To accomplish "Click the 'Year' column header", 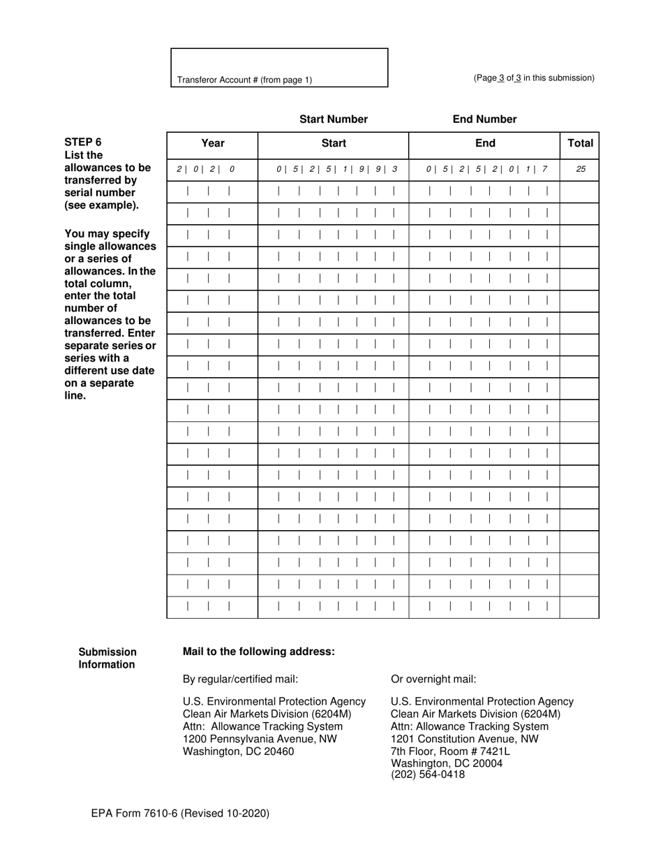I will coord(213,143).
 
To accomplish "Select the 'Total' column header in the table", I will coord(580,143).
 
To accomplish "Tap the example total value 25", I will coord(580,169).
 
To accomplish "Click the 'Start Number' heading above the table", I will coord(334,119).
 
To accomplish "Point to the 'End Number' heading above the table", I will coord(485,119).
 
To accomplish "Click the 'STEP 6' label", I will coord(83,142).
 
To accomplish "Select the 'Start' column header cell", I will coord(334,143).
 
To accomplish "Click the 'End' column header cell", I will coord(485,143).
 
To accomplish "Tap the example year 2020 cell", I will coord(206,169).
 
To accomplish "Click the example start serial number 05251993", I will coord(336,169).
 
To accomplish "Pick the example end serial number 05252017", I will coord(486,169).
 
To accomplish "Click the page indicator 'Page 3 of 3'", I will coord(534,78).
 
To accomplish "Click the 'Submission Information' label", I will coord(107,658).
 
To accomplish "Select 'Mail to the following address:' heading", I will coord(259,652).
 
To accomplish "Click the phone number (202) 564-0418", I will coord(428,774).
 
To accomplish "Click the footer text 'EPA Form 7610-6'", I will coord(179,813).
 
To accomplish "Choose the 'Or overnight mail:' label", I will coord(434,679).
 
